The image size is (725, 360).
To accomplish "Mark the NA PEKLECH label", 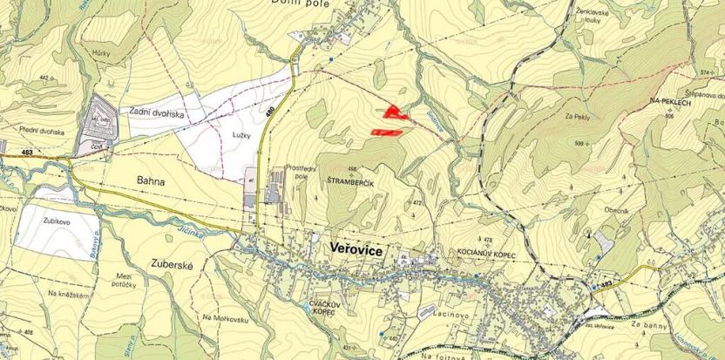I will [668, 103].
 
